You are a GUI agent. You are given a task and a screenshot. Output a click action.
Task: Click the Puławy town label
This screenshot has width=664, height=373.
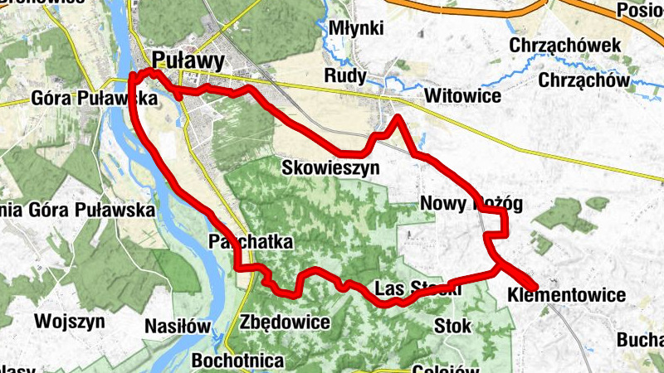[188, 60]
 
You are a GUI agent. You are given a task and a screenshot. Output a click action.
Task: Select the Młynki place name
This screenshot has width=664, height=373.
[356, 28]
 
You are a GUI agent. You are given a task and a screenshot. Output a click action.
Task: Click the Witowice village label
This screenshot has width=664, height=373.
[462, 97]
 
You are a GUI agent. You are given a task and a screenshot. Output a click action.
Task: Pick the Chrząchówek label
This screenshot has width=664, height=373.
[566, 45]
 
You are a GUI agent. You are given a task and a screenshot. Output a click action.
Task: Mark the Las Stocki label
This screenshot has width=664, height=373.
[417, 289]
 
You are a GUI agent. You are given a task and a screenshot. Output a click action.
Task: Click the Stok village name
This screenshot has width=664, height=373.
[452, 326]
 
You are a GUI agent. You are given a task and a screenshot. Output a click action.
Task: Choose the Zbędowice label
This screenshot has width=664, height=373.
[284, 322]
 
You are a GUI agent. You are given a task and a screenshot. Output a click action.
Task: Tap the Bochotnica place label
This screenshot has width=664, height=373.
[237, 361]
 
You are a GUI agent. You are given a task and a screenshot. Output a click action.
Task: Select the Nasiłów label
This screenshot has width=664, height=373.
[177, 326]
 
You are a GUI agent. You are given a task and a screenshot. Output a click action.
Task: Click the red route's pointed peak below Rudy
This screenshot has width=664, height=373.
[398, 118]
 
